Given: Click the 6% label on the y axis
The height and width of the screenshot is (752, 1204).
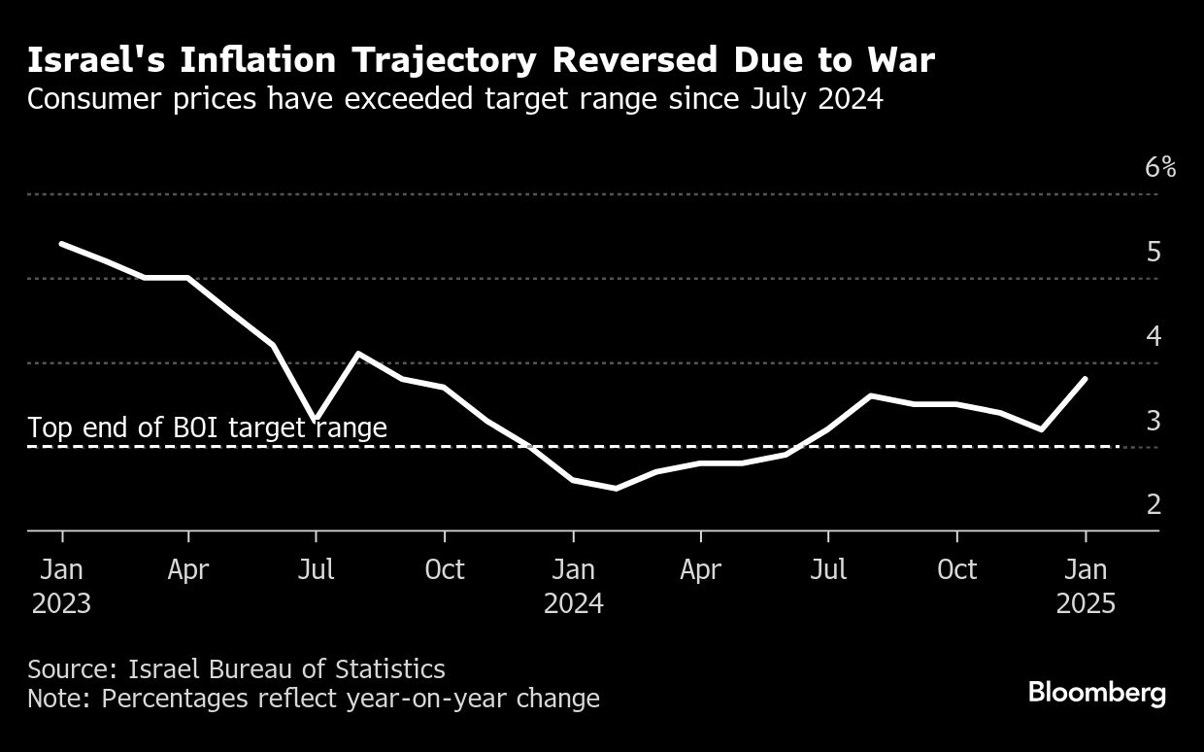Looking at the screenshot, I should click(x=1160, y=167).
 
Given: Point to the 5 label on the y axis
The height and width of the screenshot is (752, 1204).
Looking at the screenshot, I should click(x=1154, y=252).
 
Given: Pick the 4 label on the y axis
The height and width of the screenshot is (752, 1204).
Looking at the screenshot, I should click(x=1154, y=336).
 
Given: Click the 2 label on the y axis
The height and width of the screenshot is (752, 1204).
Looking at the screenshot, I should click(x=1154, y=504).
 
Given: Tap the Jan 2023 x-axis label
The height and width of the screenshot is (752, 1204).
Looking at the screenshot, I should click(x=61, y=586).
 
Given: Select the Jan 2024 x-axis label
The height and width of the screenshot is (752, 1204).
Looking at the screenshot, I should click(x=573, y=586).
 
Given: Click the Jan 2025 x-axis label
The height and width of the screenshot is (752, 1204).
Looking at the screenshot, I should click(x=1086, y=586).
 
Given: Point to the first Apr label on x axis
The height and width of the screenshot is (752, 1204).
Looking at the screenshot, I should click(x=188, y=569).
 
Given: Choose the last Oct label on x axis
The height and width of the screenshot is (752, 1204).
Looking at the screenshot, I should click(x=956, y=569).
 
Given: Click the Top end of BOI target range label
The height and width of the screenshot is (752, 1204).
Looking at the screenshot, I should click(x=207, y=427).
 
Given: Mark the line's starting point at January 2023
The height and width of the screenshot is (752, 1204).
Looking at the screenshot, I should click(x=61, y=244).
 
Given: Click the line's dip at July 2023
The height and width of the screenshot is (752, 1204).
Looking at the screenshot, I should click(x=316, y=417).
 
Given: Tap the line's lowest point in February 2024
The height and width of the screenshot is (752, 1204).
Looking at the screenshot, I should click(x=617, y=488).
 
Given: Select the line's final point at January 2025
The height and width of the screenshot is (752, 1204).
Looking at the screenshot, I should click(x=1086, y=378).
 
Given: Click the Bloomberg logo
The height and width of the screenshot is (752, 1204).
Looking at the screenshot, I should click(x=1096, y=693).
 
